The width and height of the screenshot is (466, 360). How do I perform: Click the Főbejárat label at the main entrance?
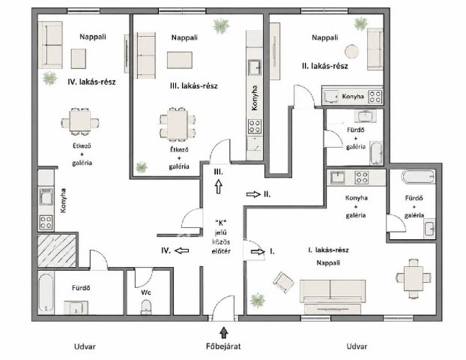click(223, 346)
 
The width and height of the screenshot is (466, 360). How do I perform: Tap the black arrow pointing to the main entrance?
click(224, 333)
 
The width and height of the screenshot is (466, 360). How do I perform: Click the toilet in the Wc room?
click(145, 307)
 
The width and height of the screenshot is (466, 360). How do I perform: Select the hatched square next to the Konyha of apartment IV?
click(57, 250)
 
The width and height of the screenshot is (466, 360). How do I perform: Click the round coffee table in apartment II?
click(352, 51)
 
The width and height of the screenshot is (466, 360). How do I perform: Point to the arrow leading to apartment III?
click(219, 187)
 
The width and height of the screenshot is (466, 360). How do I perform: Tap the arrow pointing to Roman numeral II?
click(253, 194)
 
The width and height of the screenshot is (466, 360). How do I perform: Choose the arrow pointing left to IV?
click(182, 250)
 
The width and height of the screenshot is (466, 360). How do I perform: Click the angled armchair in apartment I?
click(283, 282)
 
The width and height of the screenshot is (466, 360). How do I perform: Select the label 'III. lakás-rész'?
click(194, 86)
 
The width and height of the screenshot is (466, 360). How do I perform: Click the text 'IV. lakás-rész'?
click(91, 82)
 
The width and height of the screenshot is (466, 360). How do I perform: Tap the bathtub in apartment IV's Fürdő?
click(46, 293)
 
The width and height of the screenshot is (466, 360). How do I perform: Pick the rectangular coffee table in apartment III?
click(180, 60)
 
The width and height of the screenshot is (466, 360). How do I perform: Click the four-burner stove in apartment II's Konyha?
click(375, 97)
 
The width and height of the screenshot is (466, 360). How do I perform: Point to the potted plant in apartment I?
click(258, 300)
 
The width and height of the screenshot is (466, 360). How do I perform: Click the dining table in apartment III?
click(178, 124)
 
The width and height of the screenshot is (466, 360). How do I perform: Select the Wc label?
click(145, 292)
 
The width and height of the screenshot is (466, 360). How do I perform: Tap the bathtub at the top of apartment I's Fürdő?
click(419, 177)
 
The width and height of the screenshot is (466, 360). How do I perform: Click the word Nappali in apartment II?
click(325, 37)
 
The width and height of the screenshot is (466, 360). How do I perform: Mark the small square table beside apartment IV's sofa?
click(79, 59)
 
